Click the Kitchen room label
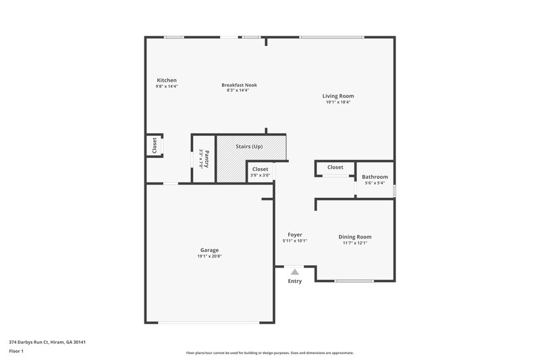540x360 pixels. point(167,80)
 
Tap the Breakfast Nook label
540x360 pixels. point(239,84)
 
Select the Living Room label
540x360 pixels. point(337,96)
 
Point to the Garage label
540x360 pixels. point(209,250)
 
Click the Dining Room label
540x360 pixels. point(355,236)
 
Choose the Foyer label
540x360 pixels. point(295,234)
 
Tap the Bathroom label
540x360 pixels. point(375,177)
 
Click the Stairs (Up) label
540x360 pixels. point(249,147)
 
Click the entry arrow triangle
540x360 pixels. point(294,272)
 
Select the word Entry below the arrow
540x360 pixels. point(295,281)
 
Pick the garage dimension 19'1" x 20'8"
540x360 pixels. point(209,257)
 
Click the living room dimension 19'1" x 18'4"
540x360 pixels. point(337,103)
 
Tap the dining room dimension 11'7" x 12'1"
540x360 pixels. point(355,243)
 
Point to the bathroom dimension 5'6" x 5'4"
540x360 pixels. point(375,183)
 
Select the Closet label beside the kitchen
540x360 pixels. point(154,145)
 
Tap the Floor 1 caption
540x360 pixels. point(16,351)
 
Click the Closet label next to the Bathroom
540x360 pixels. point(335,167)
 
